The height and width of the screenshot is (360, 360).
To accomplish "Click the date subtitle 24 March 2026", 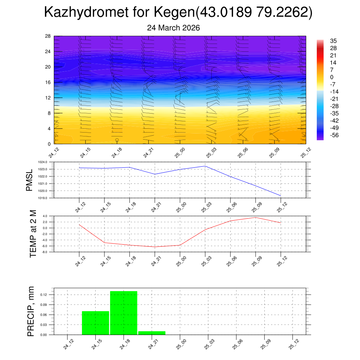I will point(173,28).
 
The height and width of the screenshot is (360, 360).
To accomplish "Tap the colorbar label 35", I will point(333,41).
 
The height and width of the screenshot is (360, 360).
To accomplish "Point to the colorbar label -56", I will point(334,135).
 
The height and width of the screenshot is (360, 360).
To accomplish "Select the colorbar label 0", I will point(332,77).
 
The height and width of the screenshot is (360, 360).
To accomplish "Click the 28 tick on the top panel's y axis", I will point(48,36).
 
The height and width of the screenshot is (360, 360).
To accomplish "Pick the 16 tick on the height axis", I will point(48,82).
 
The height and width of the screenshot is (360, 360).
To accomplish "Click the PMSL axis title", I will point(30,180).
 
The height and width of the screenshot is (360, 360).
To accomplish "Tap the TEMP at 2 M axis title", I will point(33,234).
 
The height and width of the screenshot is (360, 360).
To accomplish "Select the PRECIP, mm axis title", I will point(31,311).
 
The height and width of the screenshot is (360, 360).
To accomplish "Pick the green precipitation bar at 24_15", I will point(95,323).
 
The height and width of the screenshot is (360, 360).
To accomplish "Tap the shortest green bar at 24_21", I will point(152,333).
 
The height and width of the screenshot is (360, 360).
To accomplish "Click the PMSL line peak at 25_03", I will point(205,166).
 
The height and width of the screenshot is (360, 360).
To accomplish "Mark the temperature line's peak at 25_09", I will point(255,217).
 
